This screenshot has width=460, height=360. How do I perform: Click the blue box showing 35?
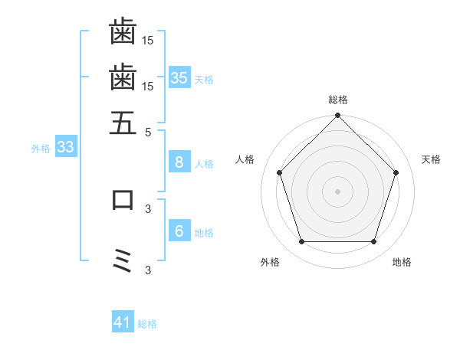[x=179, y=77]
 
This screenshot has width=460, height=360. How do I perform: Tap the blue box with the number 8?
[x=179, y=162]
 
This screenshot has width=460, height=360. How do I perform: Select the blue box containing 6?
[x=179, y=231]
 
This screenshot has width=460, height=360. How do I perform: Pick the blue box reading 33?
[x=65, y=147]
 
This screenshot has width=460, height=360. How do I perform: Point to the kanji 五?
[x=123, y=123]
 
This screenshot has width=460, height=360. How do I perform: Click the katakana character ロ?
[x=123, y=200]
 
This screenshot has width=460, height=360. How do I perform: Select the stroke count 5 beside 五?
[x=149, y=131]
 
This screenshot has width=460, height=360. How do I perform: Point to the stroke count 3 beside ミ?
[x=149, y=270]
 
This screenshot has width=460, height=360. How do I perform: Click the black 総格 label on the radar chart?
[x=338, y=100]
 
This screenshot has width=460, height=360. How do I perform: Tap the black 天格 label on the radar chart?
[x=432, y=159]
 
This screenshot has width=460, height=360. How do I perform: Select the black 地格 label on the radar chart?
[x=402, y=262]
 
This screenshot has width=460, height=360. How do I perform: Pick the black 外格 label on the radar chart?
[x=270, y=262]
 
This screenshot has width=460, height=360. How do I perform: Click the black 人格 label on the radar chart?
[x=245, y=159]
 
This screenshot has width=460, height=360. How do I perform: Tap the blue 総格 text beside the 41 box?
[x=147, y=324]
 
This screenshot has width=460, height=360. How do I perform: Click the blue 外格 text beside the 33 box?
[x=41, y=149]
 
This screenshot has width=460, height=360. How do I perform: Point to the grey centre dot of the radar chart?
[x=338, y=191]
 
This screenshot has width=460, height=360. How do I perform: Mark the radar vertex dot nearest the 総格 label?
[x=338, y=116]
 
